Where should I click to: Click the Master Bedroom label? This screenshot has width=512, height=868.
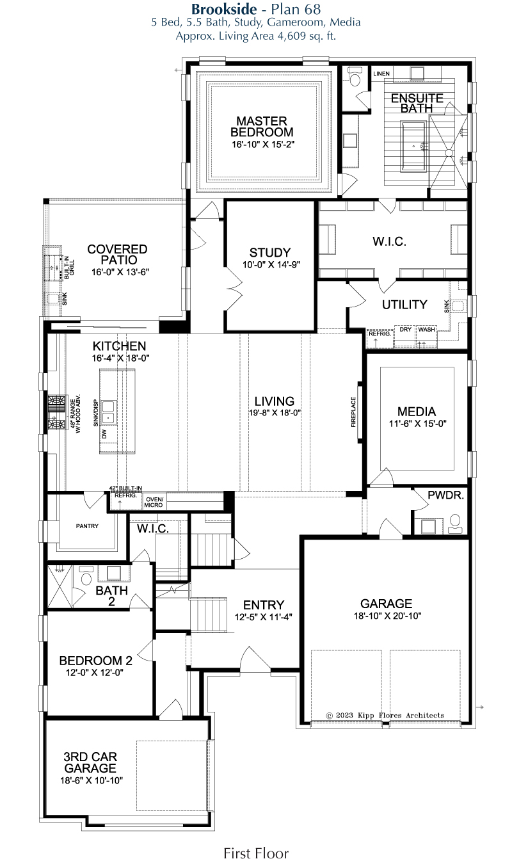pyautogui.click(x=262, y=126)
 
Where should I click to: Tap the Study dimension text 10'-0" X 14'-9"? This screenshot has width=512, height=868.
pyautogui.click(x=271, y=264)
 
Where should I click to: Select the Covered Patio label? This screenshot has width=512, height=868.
pyautogui.click(x=118, y=254)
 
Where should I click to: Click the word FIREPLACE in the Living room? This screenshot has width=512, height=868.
pyautogui.click(x=353, y=412)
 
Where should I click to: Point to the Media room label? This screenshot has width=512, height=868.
pyautogui.click(x=417, y=411)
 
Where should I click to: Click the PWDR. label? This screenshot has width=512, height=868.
pyautogui.click(x=446, y=495)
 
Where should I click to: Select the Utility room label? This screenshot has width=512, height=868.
pyautogui.click(x=404, y=305)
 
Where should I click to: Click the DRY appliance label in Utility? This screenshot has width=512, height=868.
pyautogui.click(x=406, y=330)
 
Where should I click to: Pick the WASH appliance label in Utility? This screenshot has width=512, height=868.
pyautogui.click(x=426, y=330)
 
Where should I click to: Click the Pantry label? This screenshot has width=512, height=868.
pyautogui.click(x=87, y=526)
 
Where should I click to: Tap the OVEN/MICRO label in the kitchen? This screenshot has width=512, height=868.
pyautogui.click(x=154, y=502)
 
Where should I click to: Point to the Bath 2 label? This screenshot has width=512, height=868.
pyautogui.click(x=111, y=596)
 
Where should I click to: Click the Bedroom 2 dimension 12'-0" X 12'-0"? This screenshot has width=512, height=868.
pyautogui.click(x=95, y=672)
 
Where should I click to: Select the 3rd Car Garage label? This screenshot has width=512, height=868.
pyautogui.click(x=90, y=762)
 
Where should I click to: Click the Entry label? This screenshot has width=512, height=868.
pyautogui.click(x=263, y=604)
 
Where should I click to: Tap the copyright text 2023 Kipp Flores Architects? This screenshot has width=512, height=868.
pyautogui.click(x=385, y=715)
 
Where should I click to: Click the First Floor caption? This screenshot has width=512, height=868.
pyautogui.click(x=256, y=853)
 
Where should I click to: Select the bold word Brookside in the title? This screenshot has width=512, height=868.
pyautogui.click(x=224, y=8)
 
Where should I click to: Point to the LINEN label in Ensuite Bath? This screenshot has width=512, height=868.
pyautogui.click(x=381, y=74)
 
